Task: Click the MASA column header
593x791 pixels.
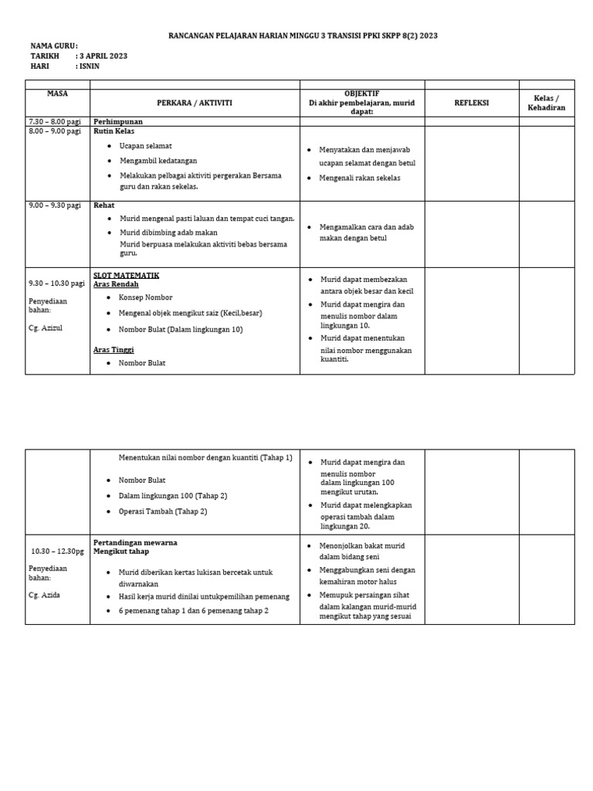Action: point(57,93)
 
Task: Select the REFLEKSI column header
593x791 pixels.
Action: point(471,102)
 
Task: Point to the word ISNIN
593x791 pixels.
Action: point(90,66)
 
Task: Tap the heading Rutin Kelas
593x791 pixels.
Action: point(114,131)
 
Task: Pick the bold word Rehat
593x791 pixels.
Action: point(104,205)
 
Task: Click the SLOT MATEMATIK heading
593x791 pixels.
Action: point(126,275)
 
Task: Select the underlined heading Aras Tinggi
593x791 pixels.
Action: point(114,350)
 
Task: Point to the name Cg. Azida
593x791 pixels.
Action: point(45,595)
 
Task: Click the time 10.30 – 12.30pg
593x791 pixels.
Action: point(58,552)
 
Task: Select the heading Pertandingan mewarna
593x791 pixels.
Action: point(135,542)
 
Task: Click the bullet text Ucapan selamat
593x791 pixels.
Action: point(145,146)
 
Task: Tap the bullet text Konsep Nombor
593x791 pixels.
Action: point(145,297)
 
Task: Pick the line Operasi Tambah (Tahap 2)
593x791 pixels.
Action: point(163,511)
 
